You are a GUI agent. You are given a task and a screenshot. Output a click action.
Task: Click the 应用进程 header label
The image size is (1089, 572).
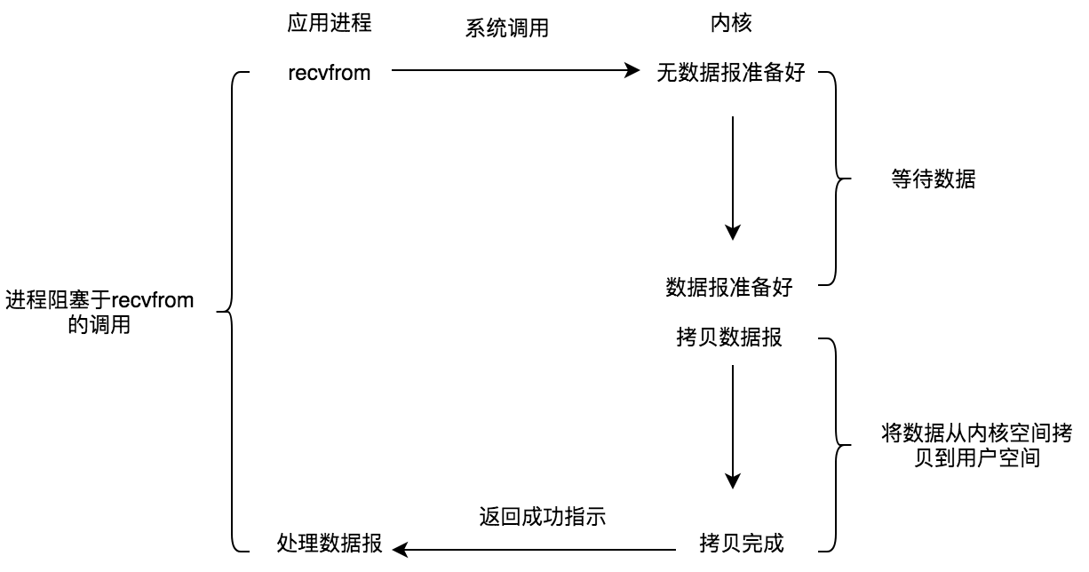[x=329, y=24]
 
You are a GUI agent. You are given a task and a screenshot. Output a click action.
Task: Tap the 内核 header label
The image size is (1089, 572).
[x=731, y=24]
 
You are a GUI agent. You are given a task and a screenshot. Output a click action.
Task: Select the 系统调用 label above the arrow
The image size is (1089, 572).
[x=507, y=28]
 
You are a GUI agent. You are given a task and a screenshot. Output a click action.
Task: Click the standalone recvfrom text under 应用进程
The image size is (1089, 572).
[x=329, y=73]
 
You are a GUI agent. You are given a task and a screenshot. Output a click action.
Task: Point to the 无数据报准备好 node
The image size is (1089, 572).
[x=731, y=73]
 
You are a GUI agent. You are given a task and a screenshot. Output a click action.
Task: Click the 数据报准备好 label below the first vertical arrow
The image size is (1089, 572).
[x=729, y=287]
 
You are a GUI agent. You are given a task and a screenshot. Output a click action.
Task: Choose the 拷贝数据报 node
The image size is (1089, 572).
[x=729, y=338]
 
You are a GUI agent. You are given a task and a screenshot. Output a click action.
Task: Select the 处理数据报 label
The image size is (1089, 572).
[x=330, y=544]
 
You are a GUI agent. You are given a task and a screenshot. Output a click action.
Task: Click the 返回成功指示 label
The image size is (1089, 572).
[x=542, y=516]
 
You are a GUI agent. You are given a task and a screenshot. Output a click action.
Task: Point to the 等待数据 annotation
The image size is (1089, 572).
[x=933, y=179]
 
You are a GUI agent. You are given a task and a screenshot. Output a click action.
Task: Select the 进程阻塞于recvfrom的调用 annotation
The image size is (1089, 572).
[x=99, y=313]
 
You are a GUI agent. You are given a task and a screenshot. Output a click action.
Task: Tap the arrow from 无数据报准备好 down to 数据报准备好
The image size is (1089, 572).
[x=732, y=178]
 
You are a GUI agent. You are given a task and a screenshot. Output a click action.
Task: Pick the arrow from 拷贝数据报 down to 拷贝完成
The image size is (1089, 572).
[x=732, y=426]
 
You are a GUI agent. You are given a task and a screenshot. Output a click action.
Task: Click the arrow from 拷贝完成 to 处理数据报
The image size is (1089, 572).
[x=542, y=547]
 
